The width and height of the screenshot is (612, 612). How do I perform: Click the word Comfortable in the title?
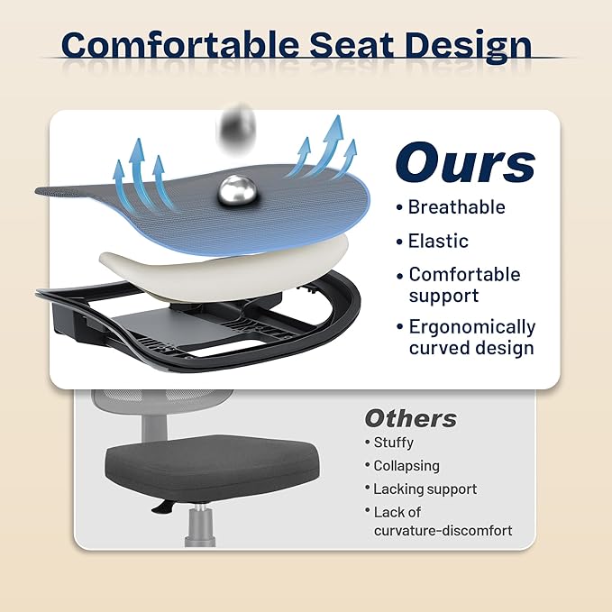(181, 44)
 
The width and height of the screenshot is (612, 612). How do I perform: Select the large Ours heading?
(465, 164)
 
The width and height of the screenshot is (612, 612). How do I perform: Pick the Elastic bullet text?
(438, 241)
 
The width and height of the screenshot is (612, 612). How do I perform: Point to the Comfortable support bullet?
(464, 285)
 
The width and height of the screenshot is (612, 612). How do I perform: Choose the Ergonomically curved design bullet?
(471, 337)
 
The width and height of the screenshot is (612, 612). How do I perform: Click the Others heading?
(410, 418)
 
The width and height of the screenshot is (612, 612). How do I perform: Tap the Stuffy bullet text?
(393, 443)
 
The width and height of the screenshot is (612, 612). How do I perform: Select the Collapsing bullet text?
(406, 466)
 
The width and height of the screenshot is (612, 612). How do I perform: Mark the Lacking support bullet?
(425, 489)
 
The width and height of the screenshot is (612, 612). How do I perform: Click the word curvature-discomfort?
(443, 531)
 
